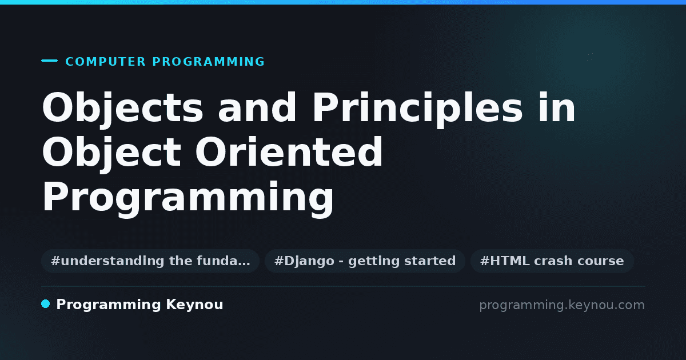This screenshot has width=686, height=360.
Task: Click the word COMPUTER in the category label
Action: [105, 62]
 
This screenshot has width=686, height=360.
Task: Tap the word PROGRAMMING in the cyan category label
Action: [209, 62]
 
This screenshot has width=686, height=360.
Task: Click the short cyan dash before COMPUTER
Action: [49, 61]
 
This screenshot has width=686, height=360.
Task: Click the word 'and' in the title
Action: [257, 108]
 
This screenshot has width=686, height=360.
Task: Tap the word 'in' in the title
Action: [557, 107]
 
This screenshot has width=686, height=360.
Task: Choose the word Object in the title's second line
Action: [111, 153]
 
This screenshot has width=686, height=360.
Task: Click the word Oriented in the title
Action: [289, 152]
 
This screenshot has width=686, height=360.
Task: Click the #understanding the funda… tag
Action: [150, 261]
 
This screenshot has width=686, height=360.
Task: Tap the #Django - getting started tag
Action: [365, 261]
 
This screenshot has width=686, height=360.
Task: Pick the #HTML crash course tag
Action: [552, 261]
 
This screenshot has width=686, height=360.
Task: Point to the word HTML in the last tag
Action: [509, 261]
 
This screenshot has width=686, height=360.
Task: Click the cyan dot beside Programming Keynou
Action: [45, 304]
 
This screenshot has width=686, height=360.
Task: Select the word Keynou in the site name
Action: [194, 305]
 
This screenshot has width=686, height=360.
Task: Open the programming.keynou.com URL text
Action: [562, 305]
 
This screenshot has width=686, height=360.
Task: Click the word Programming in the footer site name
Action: [109, 305]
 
